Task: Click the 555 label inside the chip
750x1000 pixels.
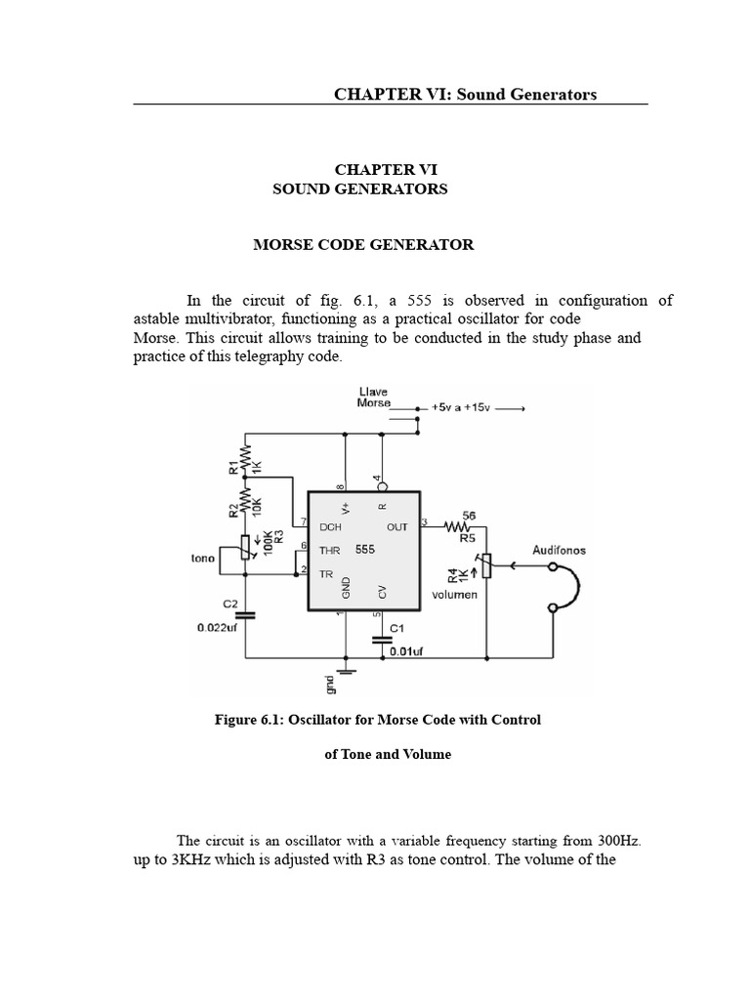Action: pos(365,550)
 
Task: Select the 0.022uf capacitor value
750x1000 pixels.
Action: pos(216,628)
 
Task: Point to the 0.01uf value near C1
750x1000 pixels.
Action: pos(406,650)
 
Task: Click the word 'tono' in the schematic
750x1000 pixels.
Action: pos(204,560)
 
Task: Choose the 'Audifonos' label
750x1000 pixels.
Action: pos(558,551)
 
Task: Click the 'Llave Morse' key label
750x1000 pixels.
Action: pos(374,397)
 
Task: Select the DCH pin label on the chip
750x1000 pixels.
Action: pos(330,527)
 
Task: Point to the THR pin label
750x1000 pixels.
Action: pos(329,551)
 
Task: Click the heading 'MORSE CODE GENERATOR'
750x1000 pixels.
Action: pos(363,245)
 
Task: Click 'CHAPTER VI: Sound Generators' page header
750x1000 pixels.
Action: pos(465,94)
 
